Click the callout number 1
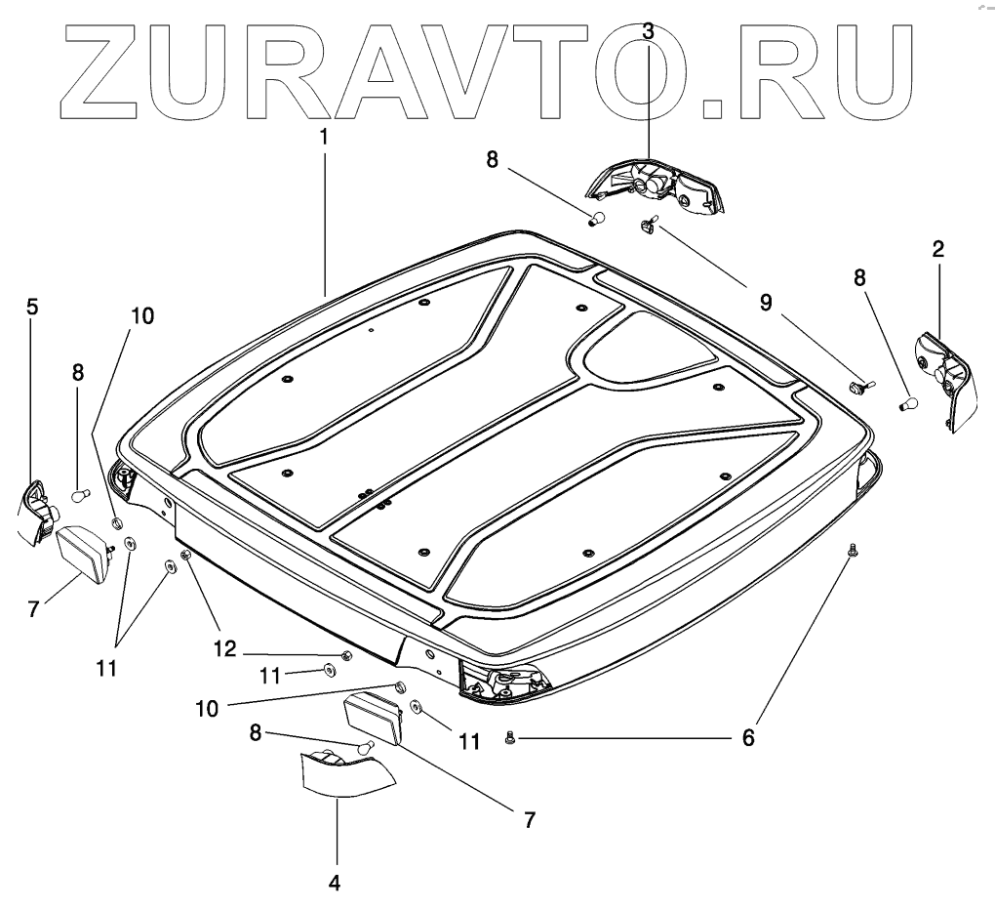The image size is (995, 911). pos(323,137)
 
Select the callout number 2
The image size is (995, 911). pos(937,249)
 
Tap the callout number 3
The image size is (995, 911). pos(649,30)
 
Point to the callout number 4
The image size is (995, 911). pos(334,883)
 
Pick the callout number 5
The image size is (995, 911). pos(32,307)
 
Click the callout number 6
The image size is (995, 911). pos(748,737)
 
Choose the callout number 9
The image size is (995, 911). pos(766,303)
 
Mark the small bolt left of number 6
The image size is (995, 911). pos(510,739)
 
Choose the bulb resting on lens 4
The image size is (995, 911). pos(366,748)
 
